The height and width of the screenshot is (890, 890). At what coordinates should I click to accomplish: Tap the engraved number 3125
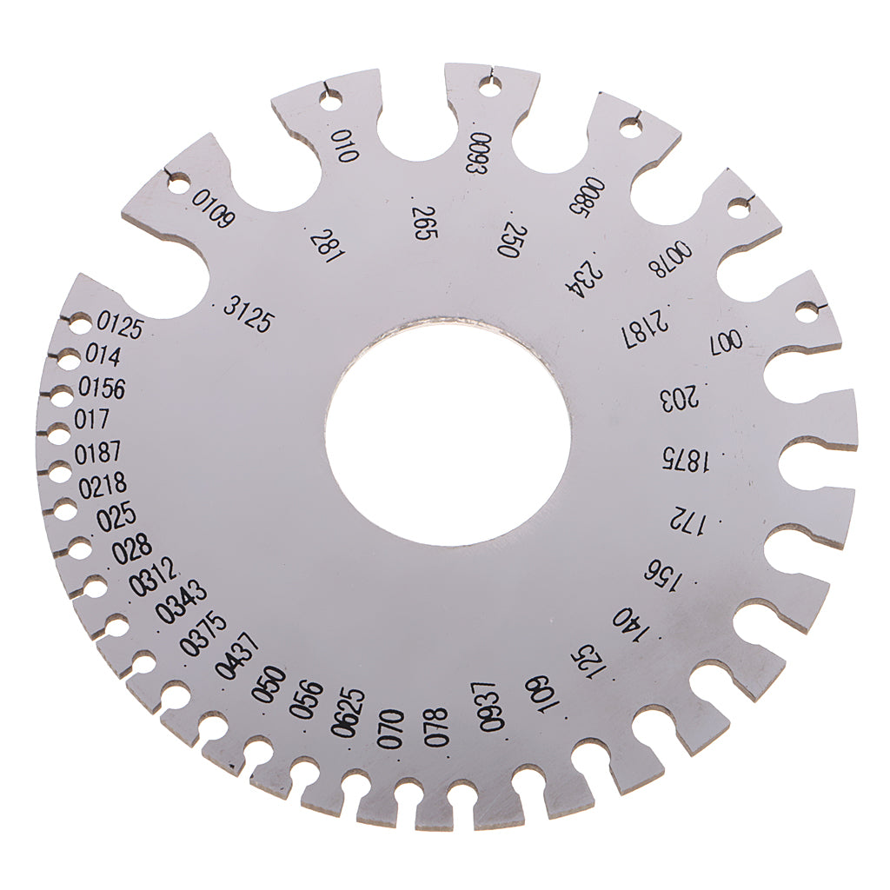249,313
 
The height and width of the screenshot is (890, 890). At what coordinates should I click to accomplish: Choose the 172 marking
686,518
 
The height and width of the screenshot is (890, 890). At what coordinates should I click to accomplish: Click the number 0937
490,707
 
